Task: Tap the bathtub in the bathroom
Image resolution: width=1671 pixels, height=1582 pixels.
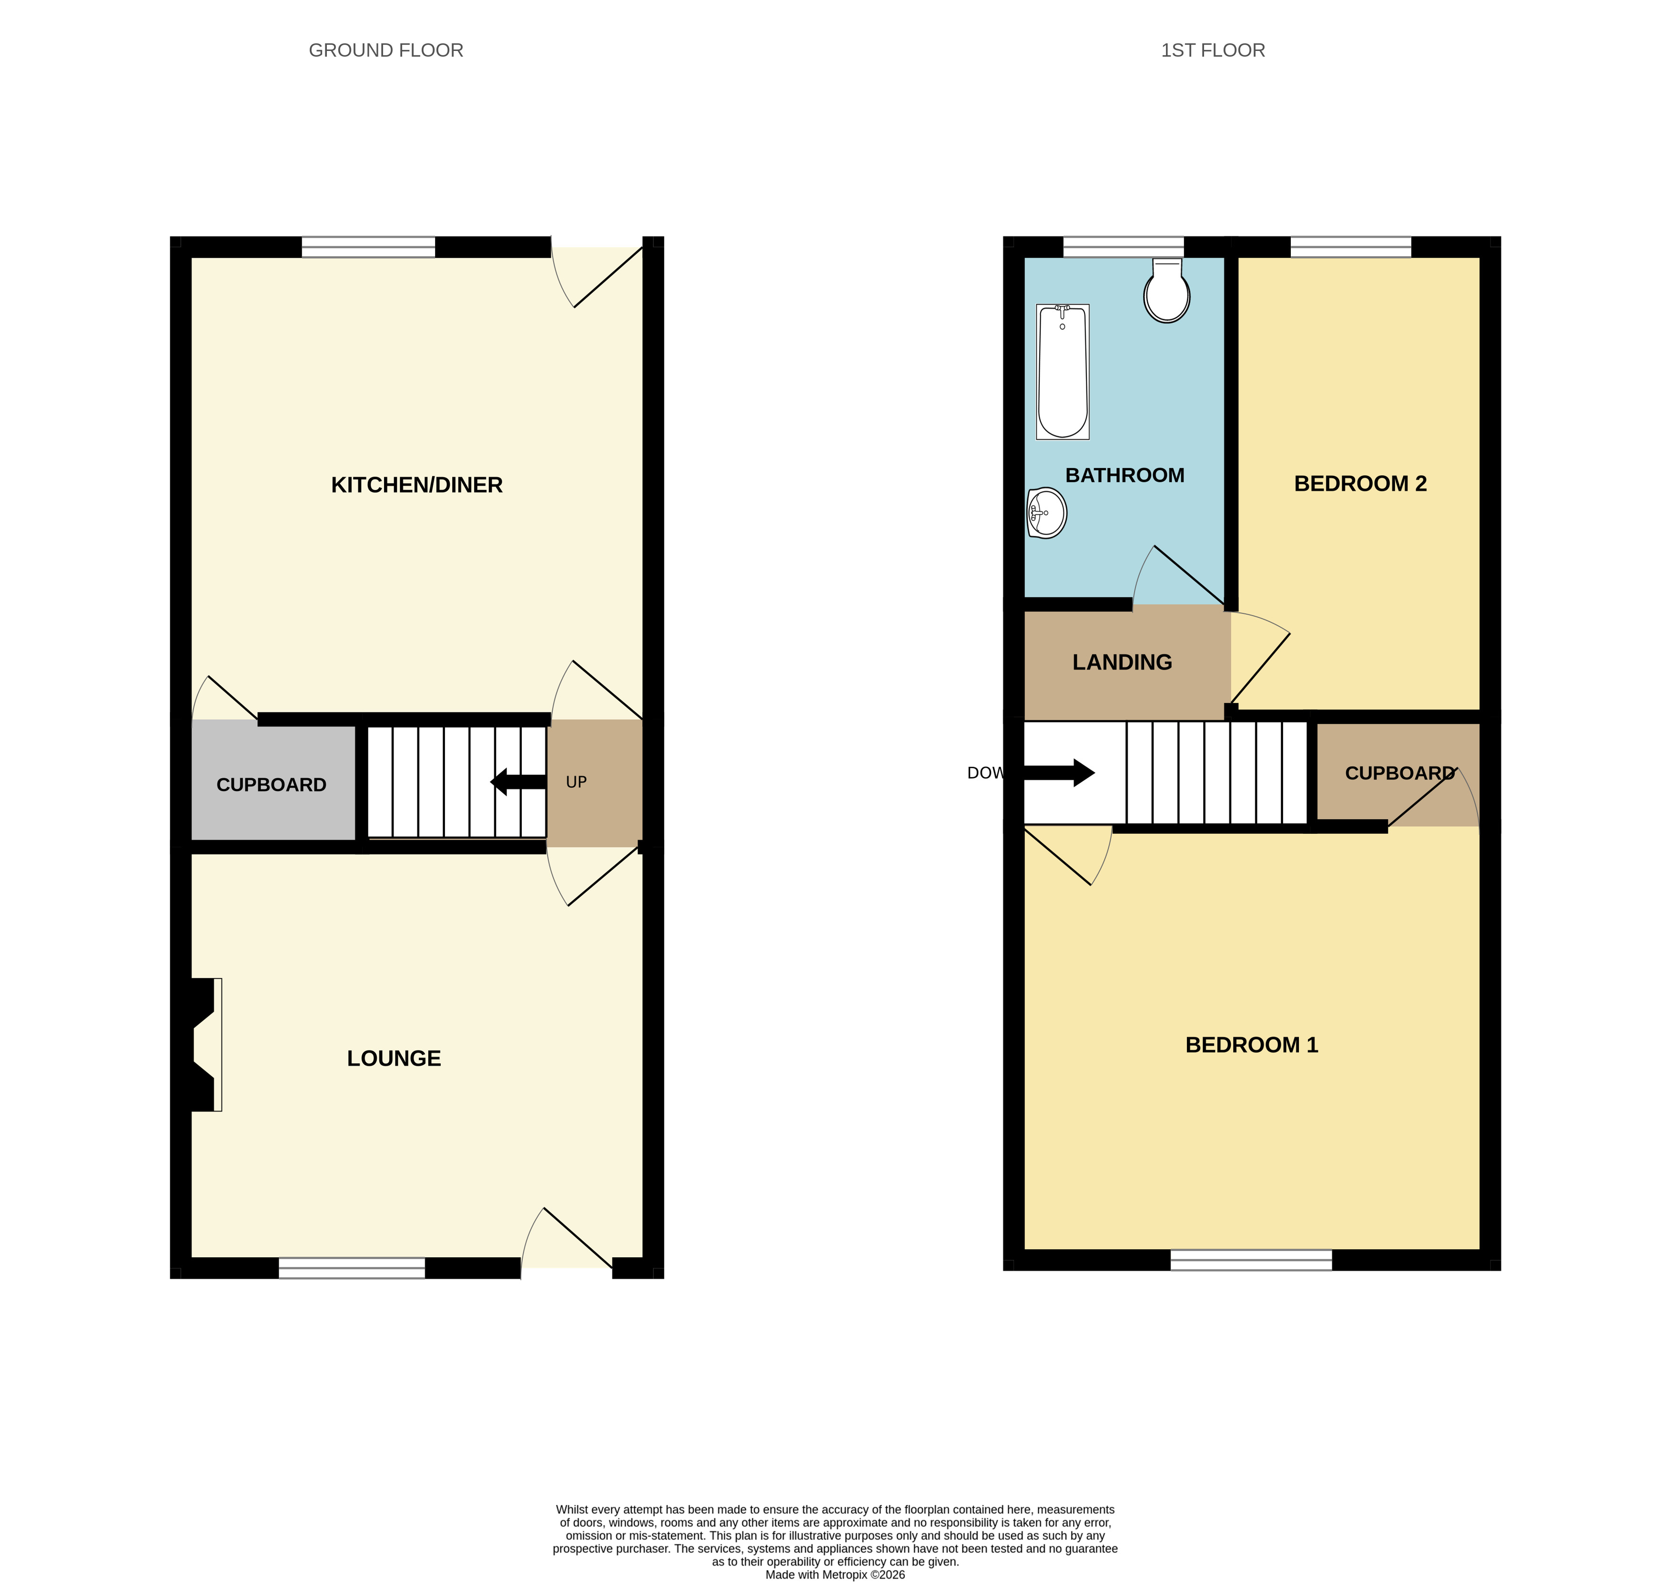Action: click(1063, 372)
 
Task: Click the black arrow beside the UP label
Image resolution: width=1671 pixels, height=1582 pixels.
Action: click(518, 782)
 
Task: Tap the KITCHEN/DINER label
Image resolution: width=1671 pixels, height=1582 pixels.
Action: click(417, 485)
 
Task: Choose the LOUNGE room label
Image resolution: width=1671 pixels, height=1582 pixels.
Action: click(394, 1058)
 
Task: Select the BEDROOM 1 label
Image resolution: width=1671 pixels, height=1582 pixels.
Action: click(1252, 1045)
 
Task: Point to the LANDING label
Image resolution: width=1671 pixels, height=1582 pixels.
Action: click(1122, 662)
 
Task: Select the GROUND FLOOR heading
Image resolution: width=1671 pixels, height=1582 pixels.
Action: click(386, 50)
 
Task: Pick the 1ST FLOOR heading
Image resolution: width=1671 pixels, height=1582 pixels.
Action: click(1213, 50)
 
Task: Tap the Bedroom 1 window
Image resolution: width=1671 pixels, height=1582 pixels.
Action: click(1251, 1260)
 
